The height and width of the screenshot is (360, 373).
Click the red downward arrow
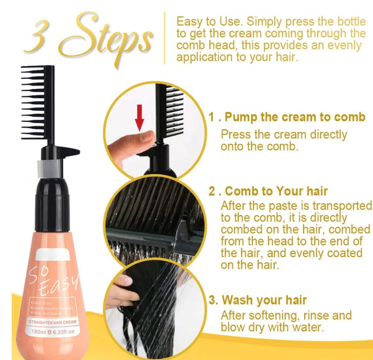139,118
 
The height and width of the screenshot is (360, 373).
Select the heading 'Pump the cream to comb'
292,118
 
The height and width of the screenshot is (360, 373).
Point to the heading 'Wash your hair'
264,300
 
